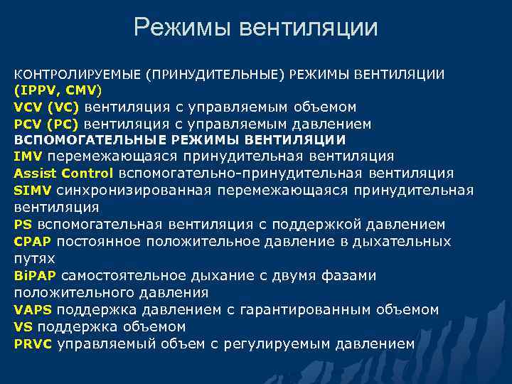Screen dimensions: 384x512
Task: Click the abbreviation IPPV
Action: (38, 90)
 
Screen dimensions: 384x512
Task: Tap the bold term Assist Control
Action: (63, 174)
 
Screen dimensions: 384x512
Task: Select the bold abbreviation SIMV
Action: (32, 191)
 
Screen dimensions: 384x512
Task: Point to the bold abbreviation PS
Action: (21, 224)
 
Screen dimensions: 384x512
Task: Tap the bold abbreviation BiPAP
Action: (35, 275)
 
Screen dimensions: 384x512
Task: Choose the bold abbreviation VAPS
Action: (32, 309)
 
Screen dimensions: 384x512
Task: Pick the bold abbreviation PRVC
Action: (33, 343)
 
